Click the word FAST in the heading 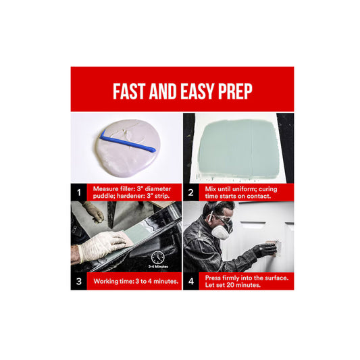[x=129, y=91]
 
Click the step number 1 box [x=79, y=192]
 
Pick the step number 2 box [x=190, y=192]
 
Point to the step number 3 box [x=79, y=281]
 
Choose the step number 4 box [x=190, y=281]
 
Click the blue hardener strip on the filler [x=128, y=143]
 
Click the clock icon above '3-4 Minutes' [x=158, y=257]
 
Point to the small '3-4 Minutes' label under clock [x=158, y=267]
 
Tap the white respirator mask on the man [x=221, y=232]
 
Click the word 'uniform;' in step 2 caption [x=244, y=189]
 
